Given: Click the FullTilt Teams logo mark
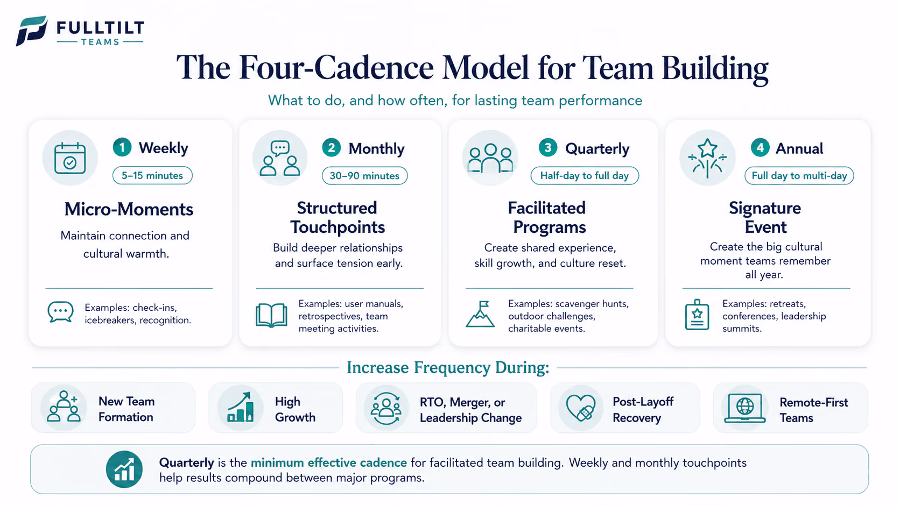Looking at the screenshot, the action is pos(31,31).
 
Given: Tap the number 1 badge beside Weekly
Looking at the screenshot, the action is pos(122,147).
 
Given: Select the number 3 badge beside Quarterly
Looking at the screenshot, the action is pos(547,148).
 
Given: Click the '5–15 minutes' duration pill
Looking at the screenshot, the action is pos(152,175).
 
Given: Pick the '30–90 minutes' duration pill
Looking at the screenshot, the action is pos(364,176).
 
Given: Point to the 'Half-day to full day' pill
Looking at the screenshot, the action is pos(585,176).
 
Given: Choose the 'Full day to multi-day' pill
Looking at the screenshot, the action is pos(799,176).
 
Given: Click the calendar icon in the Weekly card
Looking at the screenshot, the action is pos(70,158).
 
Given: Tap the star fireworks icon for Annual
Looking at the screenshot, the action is pos(707,158).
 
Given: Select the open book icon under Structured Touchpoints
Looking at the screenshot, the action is pos(271,316).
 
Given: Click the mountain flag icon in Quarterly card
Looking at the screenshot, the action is pos(480,314).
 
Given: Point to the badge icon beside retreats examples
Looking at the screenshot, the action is pos(697,315).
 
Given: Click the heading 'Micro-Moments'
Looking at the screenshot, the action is pos(129,209).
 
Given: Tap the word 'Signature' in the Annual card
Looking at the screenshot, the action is pos(765,208).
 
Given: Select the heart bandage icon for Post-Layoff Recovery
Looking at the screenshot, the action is pos(581,408).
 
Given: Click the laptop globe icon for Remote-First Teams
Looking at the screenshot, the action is pos(744,408).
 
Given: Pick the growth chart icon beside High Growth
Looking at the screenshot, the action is pos(240,407).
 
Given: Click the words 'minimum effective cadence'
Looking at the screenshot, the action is pos(329,462).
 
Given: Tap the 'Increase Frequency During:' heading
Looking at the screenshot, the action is pos(448,368).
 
